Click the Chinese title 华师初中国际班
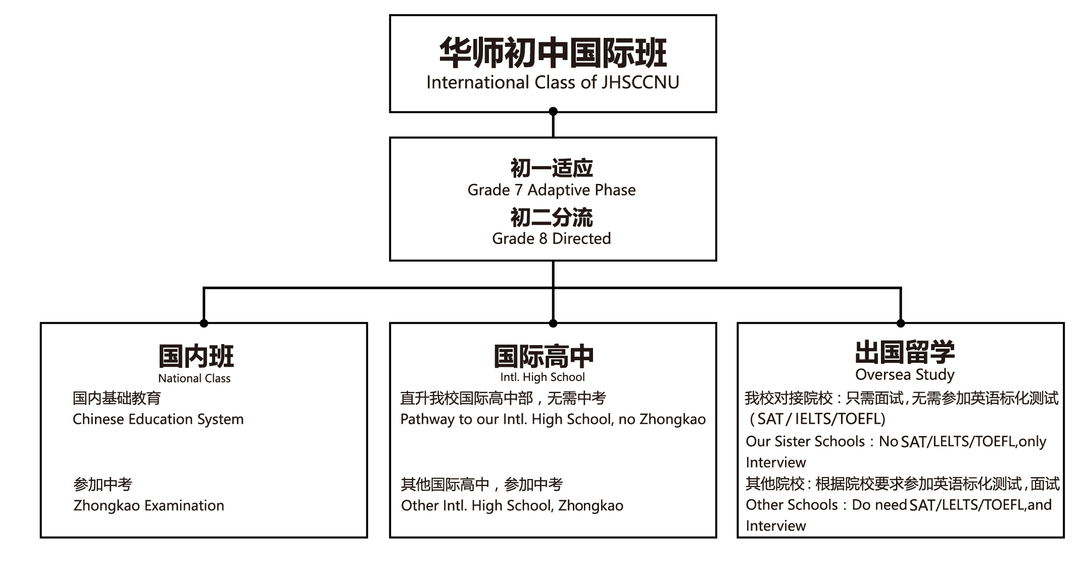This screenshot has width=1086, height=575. [553, 53]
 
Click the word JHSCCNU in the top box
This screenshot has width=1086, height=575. [640, 82]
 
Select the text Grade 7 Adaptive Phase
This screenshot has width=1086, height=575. [552, 190]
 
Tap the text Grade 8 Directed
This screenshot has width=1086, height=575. [552, 238]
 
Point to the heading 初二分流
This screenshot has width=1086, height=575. [552, 217]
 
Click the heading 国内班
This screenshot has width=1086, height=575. [196, 356]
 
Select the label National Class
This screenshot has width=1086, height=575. [194, 378]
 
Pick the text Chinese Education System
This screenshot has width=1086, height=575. [158, 419]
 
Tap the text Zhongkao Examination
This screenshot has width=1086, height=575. [149, 506]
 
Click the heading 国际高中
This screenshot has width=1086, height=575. [544, 357]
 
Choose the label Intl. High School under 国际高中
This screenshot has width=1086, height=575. [542, 377]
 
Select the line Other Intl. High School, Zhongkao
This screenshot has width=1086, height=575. [512, 506]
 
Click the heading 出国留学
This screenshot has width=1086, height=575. [905, 352]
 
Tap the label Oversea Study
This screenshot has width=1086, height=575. [905, 375]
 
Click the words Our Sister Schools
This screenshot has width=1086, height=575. [806, 442]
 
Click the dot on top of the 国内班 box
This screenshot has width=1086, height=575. [204, 323]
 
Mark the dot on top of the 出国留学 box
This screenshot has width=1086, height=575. [901, 323]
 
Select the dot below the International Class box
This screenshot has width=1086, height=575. [553, 112]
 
